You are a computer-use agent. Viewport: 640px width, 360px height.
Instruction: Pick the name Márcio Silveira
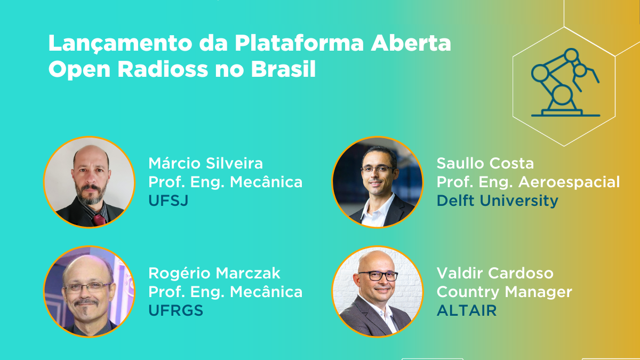click(206, 163)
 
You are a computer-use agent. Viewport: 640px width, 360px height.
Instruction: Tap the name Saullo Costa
click(485, 163)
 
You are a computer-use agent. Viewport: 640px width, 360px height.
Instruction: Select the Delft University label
click(497, 201)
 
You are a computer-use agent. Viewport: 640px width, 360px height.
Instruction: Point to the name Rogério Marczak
click(214, 274)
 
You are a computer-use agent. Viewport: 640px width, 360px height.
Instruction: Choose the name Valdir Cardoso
click(495, 274)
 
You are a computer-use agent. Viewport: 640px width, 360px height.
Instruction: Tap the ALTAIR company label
click(467, 311)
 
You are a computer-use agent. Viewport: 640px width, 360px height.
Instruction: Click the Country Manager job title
click(504, 292)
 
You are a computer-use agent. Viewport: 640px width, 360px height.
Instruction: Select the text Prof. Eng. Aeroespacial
click(528, 182)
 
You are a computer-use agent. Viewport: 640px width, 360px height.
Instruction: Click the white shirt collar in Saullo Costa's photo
click(373, 211)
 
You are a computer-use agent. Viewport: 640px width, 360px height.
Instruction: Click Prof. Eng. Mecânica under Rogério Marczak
click(225, 292)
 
